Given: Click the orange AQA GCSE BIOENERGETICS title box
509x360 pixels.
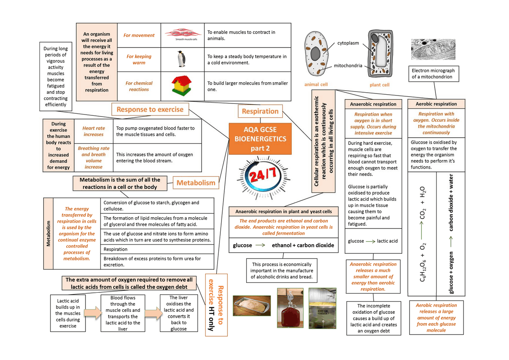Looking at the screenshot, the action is pyautogui.click(x=260, y=138).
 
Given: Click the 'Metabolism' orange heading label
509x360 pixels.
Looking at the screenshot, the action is pyautogui.click(x=196, y=183).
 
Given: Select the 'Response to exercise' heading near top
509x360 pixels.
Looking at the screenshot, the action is pyautogui.click(x=150, y=109).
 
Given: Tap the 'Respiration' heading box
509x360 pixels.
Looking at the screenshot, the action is pyautogui.click(x=260, y=111).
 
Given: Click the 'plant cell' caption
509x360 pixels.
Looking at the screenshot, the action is pyautogui.click(x=380, y=85).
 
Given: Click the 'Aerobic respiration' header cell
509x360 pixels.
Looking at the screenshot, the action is pyautogui.click(x=436, y=104).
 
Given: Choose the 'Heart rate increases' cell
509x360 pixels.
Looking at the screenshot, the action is pyautogui.click(x=93, y=131).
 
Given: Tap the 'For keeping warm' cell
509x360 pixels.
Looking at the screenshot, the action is pyautogui.click(x=139, y=59).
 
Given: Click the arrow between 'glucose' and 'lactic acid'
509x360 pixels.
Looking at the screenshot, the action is pyautogui.click(x=370, y=241).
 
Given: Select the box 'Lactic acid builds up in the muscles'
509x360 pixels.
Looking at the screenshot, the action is pyautogui.click(x=68, y=313).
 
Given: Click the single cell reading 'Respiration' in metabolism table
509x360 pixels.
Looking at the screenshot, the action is pyautogui.click(x=157, y=249).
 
